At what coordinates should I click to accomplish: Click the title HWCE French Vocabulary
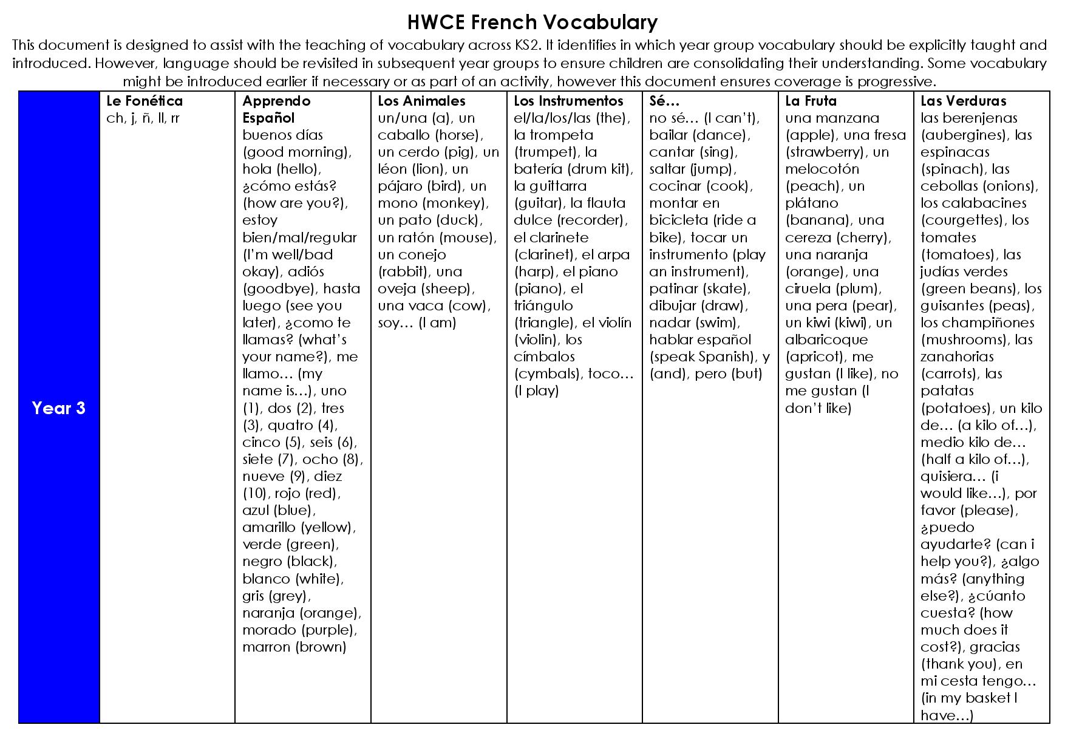tap(532, 22)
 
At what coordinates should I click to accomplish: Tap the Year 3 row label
tap(58, 408)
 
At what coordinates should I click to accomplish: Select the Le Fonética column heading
tap(144, 101)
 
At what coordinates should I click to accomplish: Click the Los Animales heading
tap(421, 101)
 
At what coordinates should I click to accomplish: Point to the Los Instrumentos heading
tap(568, 101)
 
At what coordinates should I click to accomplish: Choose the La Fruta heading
tap(811, 101)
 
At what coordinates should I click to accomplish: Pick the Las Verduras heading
tap(963, 101)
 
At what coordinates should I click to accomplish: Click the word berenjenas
tap(978, 118)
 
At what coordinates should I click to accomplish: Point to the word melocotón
tap(822, 169)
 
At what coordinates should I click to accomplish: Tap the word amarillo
tap(269, 528)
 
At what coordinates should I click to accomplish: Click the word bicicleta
tap(678, 220)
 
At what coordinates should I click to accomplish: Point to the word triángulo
tap(543, 306)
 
